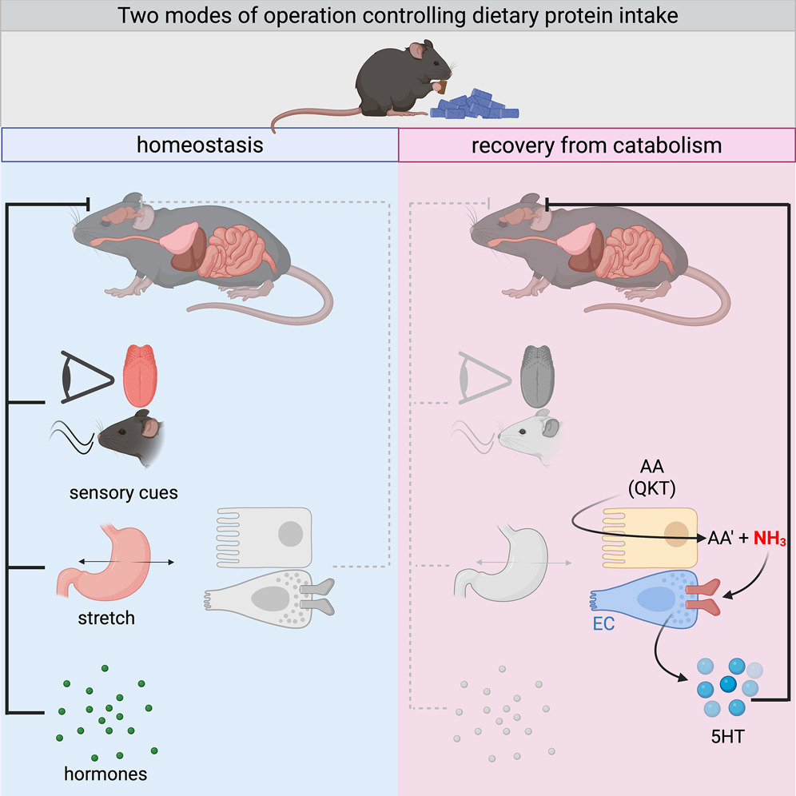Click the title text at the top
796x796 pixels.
tap(397, 16)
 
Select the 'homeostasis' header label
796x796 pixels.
tap(199, 145)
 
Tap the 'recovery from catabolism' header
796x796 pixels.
tap(596, 145)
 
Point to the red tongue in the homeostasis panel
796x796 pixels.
tap(145, 376)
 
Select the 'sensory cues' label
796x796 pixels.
tap(133, 492)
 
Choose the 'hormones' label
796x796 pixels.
tap(106, 774)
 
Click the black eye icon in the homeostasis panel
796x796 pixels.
tap(83, 376)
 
